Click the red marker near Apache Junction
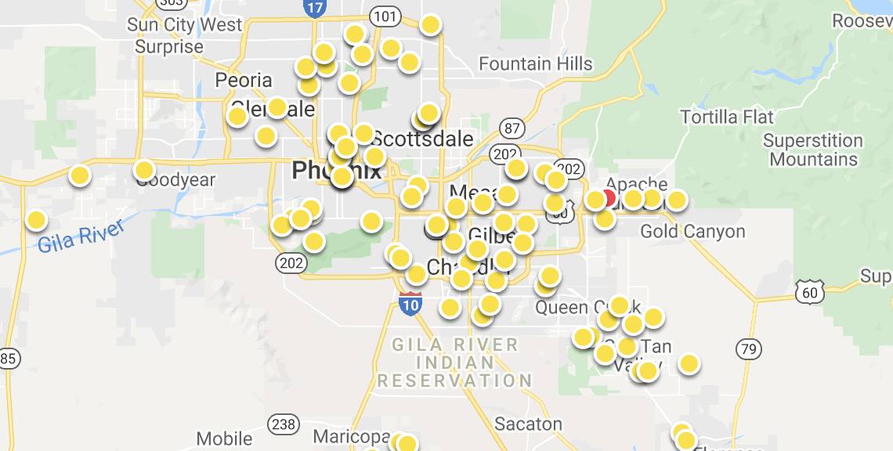pos(608,198)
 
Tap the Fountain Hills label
pos(535,63)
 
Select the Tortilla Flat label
pos(727,117)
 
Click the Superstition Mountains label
pos(813,150)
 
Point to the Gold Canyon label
pos(692,232)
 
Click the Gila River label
pos(81,236)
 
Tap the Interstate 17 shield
pos(313,8)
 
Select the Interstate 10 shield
pos(410,303)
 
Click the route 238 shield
pos(283,425)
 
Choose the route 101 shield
pos(385,16)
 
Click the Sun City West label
pos(185,25)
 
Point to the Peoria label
pos(244,81)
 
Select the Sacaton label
pos(528,424)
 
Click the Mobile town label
pos(224,438)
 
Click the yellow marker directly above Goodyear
pos(144,170)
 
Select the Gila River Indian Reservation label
pos(455,363)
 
